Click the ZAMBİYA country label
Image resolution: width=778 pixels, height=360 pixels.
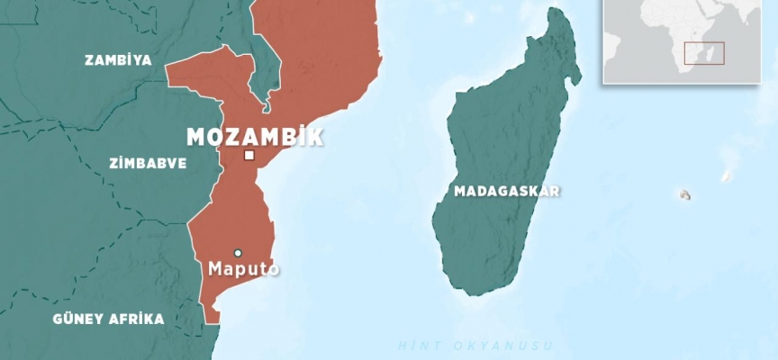pos(118,60)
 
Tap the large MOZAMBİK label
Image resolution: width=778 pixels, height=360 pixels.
pos(255,137)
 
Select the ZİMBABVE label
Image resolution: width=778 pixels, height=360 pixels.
pos(148,164)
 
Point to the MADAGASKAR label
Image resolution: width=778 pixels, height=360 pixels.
pos(507,191)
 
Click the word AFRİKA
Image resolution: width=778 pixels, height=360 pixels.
pos(136,319)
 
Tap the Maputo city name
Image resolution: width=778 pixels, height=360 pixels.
pos(243,269)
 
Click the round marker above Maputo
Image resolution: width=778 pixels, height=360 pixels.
pos(238,253)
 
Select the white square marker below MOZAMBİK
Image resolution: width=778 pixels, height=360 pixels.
pos(249,156)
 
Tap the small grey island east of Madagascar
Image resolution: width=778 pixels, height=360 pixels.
pos(685,194)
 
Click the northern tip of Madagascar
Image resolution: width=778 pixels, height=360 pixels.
pos(565,12)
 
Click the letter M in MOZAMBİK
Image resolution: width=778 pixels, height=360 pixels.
pos(195,137)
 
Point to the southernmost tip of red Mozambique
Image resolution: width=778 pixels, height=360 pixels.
pos(212,320)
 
